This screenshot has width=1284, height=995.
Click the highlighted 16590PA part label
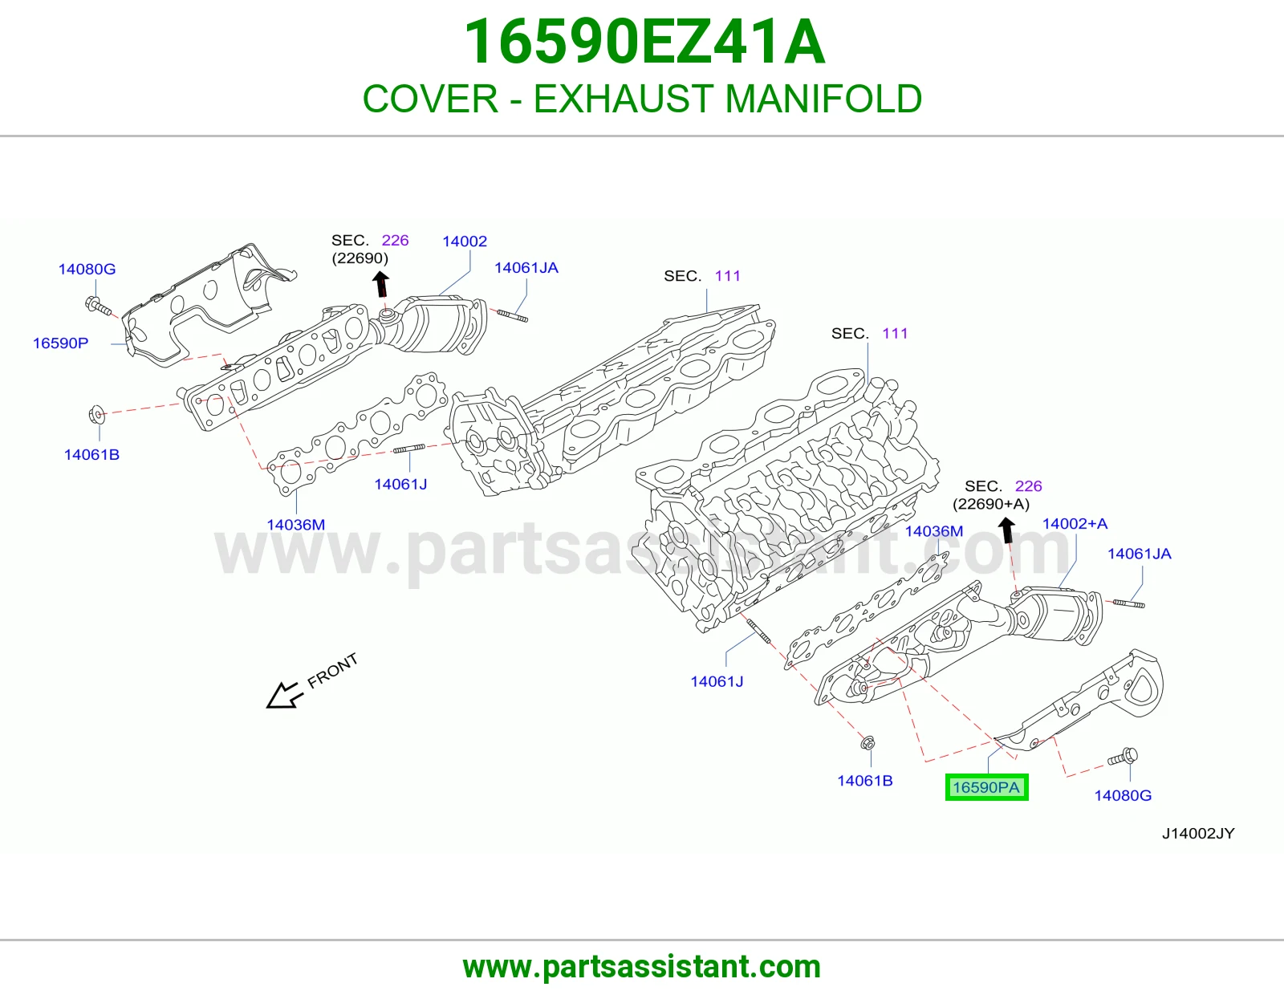[986, 787]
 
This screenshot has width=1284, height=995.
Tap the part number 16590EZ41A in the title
[644, 42]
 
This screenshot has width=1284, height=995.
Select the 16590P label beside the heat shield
[60, 343]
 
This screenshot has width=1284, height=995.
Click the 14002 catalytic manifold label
[465, 241]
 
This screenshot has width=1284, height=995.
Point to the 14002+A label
[1075, 523]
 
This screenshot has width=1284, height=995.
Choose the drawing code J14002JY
[1198, 833]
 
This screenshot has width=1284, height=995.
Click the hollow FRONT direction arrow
[285, 695]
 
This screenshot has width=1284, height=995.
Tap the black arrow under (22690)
[382, 284]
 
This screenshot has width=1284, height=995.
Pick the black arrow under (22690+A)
[1007, 530]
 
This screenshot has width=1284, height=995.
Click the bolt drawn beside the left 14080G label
[98, 307]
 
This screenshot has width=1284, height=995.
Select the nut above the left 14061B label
[97, 414]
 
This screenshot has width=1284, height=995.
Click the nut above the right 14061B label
[867, 743]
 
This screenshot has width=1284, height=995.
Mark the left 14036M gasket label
[295, 525]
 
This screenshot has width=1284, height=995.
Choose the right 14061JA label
[1140, 554]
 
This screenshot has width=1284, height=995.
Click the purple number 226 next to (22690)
[395, 241]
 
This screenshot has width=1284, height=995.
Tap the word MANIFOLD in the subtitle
[823, 99]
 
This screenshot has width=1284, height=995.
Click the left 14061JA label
[526, 268]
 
